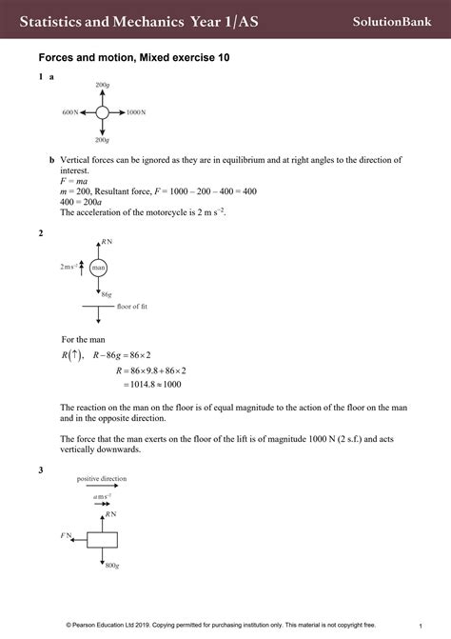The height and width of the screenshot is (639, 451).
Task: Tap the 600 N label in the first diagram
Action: [71, 112]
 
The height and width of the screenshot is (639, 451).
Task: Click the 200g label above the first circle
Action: [103, 86]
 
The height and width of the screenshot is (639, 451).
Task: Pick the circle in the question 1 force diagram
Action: [103, 112]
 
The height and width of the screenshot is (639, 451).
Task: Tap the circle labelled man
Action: [98, 269]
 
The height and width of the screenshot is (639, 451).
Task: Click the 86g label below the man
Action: [107, 295]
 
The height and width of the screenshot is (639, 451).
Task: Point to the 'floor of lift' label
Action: [132, 307]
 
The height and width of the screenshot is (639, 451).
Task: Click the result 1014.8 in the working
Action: [148, 385]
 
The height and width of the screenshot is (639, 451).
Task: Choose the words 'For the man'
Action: [83, 339]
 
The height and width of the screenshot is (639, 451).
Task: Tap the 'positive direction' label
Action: [102, 479]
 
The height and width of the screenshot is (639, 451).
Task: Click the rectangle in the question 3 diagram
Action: [102, 538]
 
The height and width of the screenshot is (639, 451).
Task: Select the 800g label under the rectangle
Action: [111, 566]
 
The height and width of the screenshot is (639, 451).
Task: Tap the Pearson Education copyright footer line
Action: [225, 626]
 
